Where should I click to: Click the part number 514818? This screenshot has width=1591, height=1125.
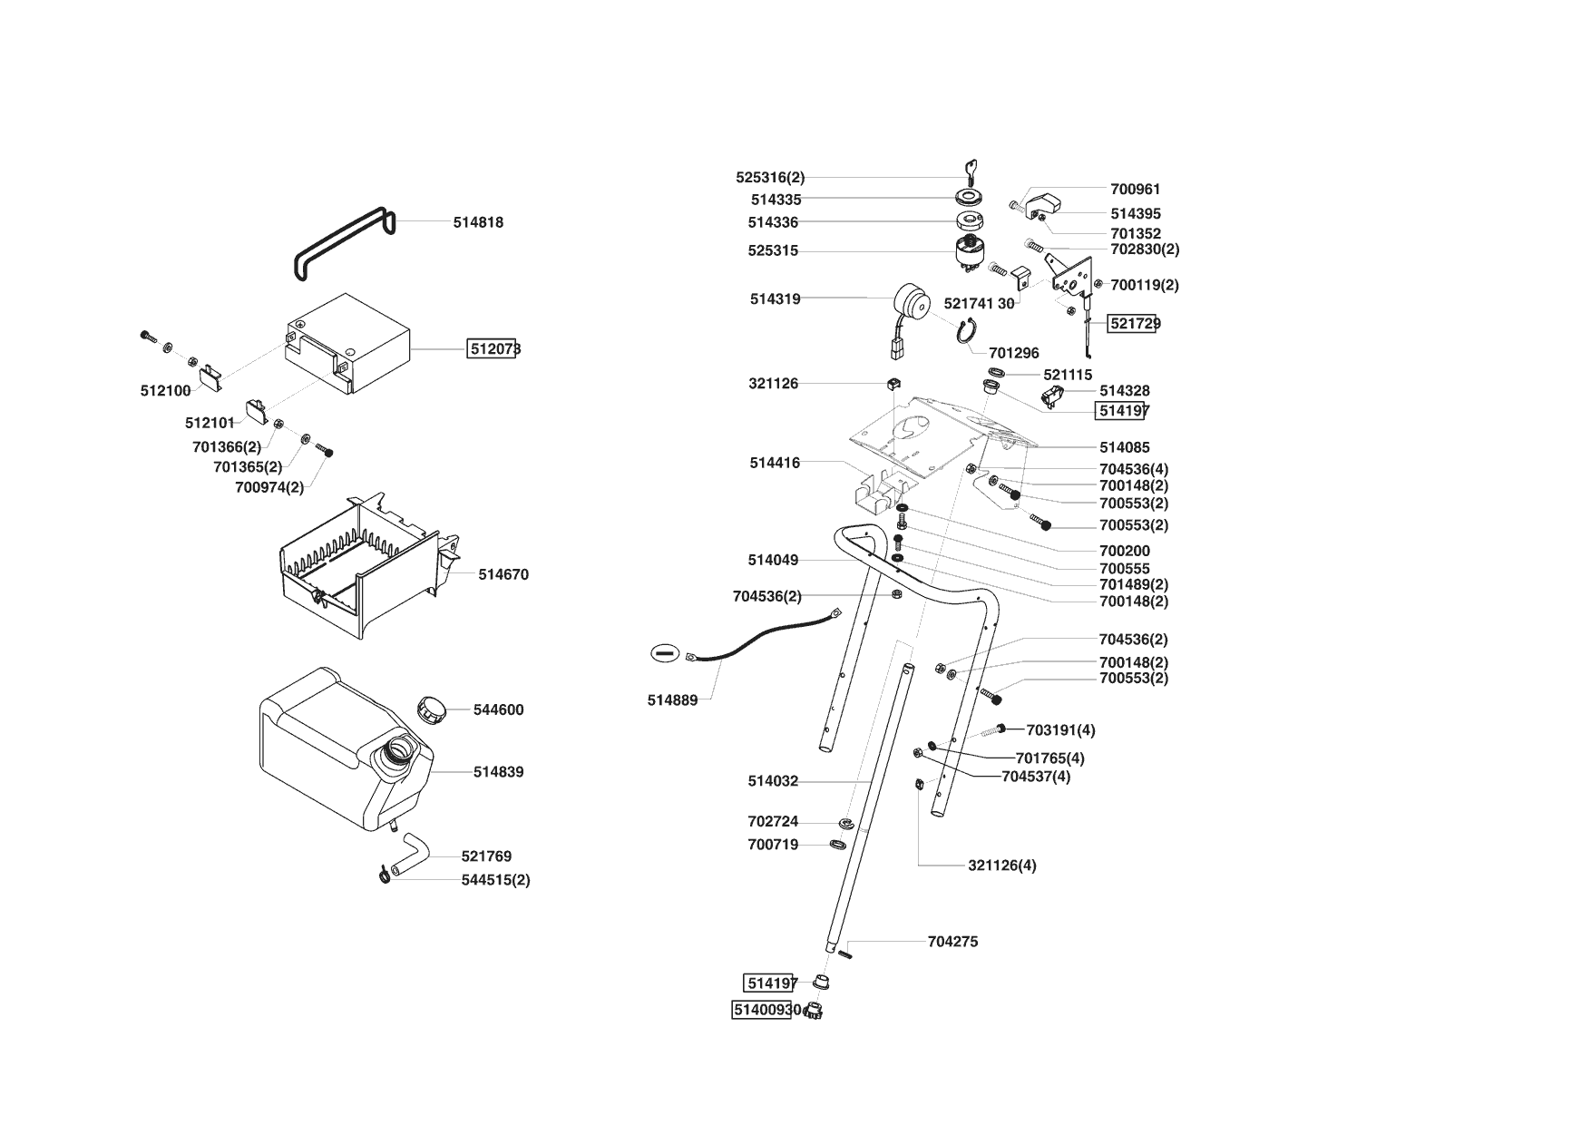[478, 222]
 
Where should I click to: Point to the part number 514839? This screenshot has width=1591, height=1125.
[498, 772]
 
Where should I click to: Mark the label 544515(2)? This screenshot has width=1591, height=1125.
[495, 880]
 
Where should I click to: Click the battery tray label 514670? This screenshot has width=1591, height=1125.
[503, 574]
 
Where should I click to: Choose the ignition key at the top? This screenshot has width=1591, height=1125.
[969, 171]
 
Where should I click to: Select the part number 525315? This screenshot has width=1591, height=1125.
[773, 250]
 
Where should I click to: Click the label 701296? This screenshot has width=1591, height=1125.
[1014, 353]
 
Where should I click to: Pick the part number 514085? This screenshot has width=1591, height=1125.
[1124, 447]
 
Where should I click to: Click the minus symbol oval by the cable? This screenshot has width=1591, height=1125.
[664, 652]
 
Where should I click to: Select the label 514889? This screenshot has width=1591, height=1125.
[672, 700]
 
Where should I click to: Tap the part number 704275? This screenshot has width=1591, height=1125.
[952, 942]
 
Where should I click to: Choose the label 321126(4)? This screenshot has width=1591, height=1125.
[1001, 866]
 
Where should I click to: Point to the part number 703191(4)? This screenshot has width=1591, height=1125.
[1060, 730]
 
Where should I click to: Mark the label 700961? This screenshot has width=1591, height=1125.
[1135, 190]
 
